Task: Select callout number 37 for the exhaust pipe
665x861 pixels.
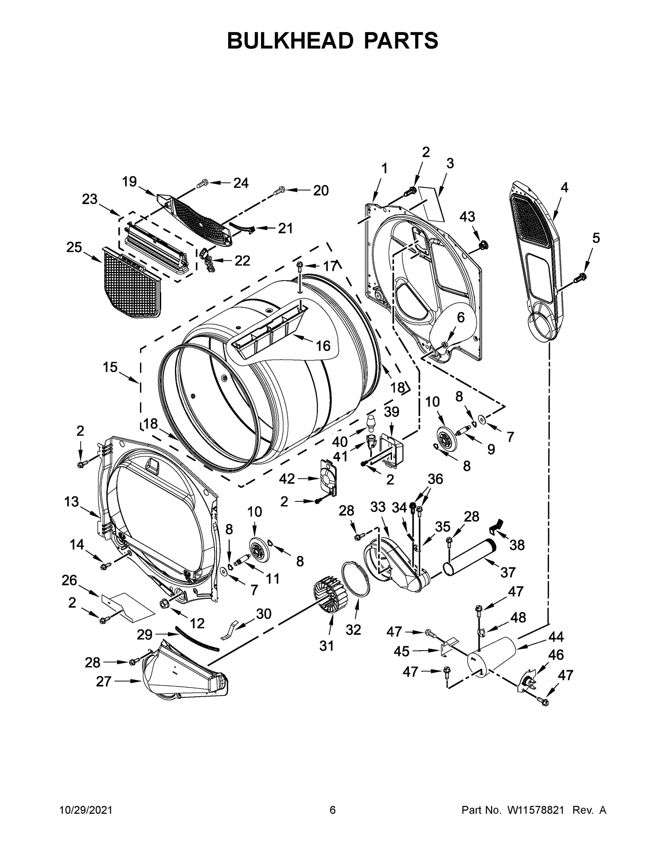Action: (508, 572)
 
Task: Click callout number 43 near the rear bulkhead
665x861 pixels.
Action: (467, 216)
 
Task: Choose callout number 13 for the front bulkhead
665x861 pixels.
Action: (71, 502)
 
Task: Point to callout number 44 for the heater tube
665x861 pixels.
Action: (556, 636)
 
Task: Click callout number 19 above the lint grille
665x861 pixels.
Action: (129, 182)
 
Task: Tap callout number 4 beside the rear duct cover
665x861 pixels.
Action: (564, 187)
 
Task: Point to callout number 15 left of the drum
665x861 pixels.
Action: (110, 367)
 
